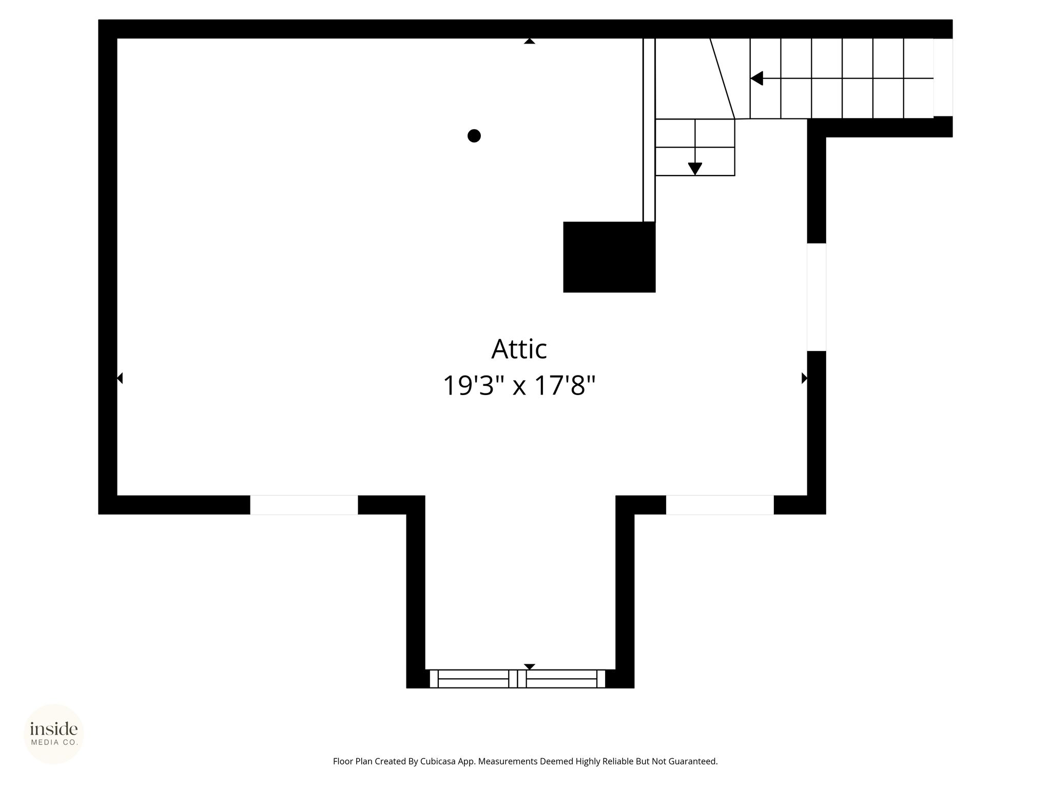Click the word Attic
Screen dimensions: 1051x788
point(519,349)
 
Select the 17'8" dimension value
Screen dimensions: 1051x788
point(565,385)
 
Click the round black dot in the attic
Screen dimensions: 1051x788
point(474,136)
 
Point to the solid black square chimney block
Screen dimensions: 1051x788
point(609,257)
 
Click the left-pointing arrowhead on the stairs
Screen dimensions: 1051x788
point(756,78)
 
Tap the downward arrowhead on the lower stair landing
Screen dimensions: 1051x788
point(695,169)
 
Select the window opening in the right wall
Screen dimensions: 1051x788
point(816,297)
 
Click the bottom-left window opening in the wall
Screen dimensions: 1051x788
point(304,505)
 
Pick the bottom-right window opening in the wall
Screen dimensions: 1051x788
point(720,505)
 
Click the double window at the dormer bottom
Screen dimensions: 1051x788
point(517,679)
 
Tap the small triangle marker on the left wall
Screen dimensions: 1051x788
point(120,378)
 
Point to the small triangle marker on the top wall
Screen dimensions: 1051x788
point(530,41)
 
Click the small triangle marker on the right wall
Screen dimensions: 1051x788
point(804,378)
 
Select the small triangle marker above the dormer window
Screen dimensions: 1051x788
point(530,667)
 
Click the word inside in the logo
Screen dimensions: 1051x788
point(54,729)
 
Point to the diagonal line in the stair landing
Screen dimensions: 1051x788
point(723,78)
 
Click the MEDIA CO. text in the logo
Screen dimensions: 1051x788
point(54,742)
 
